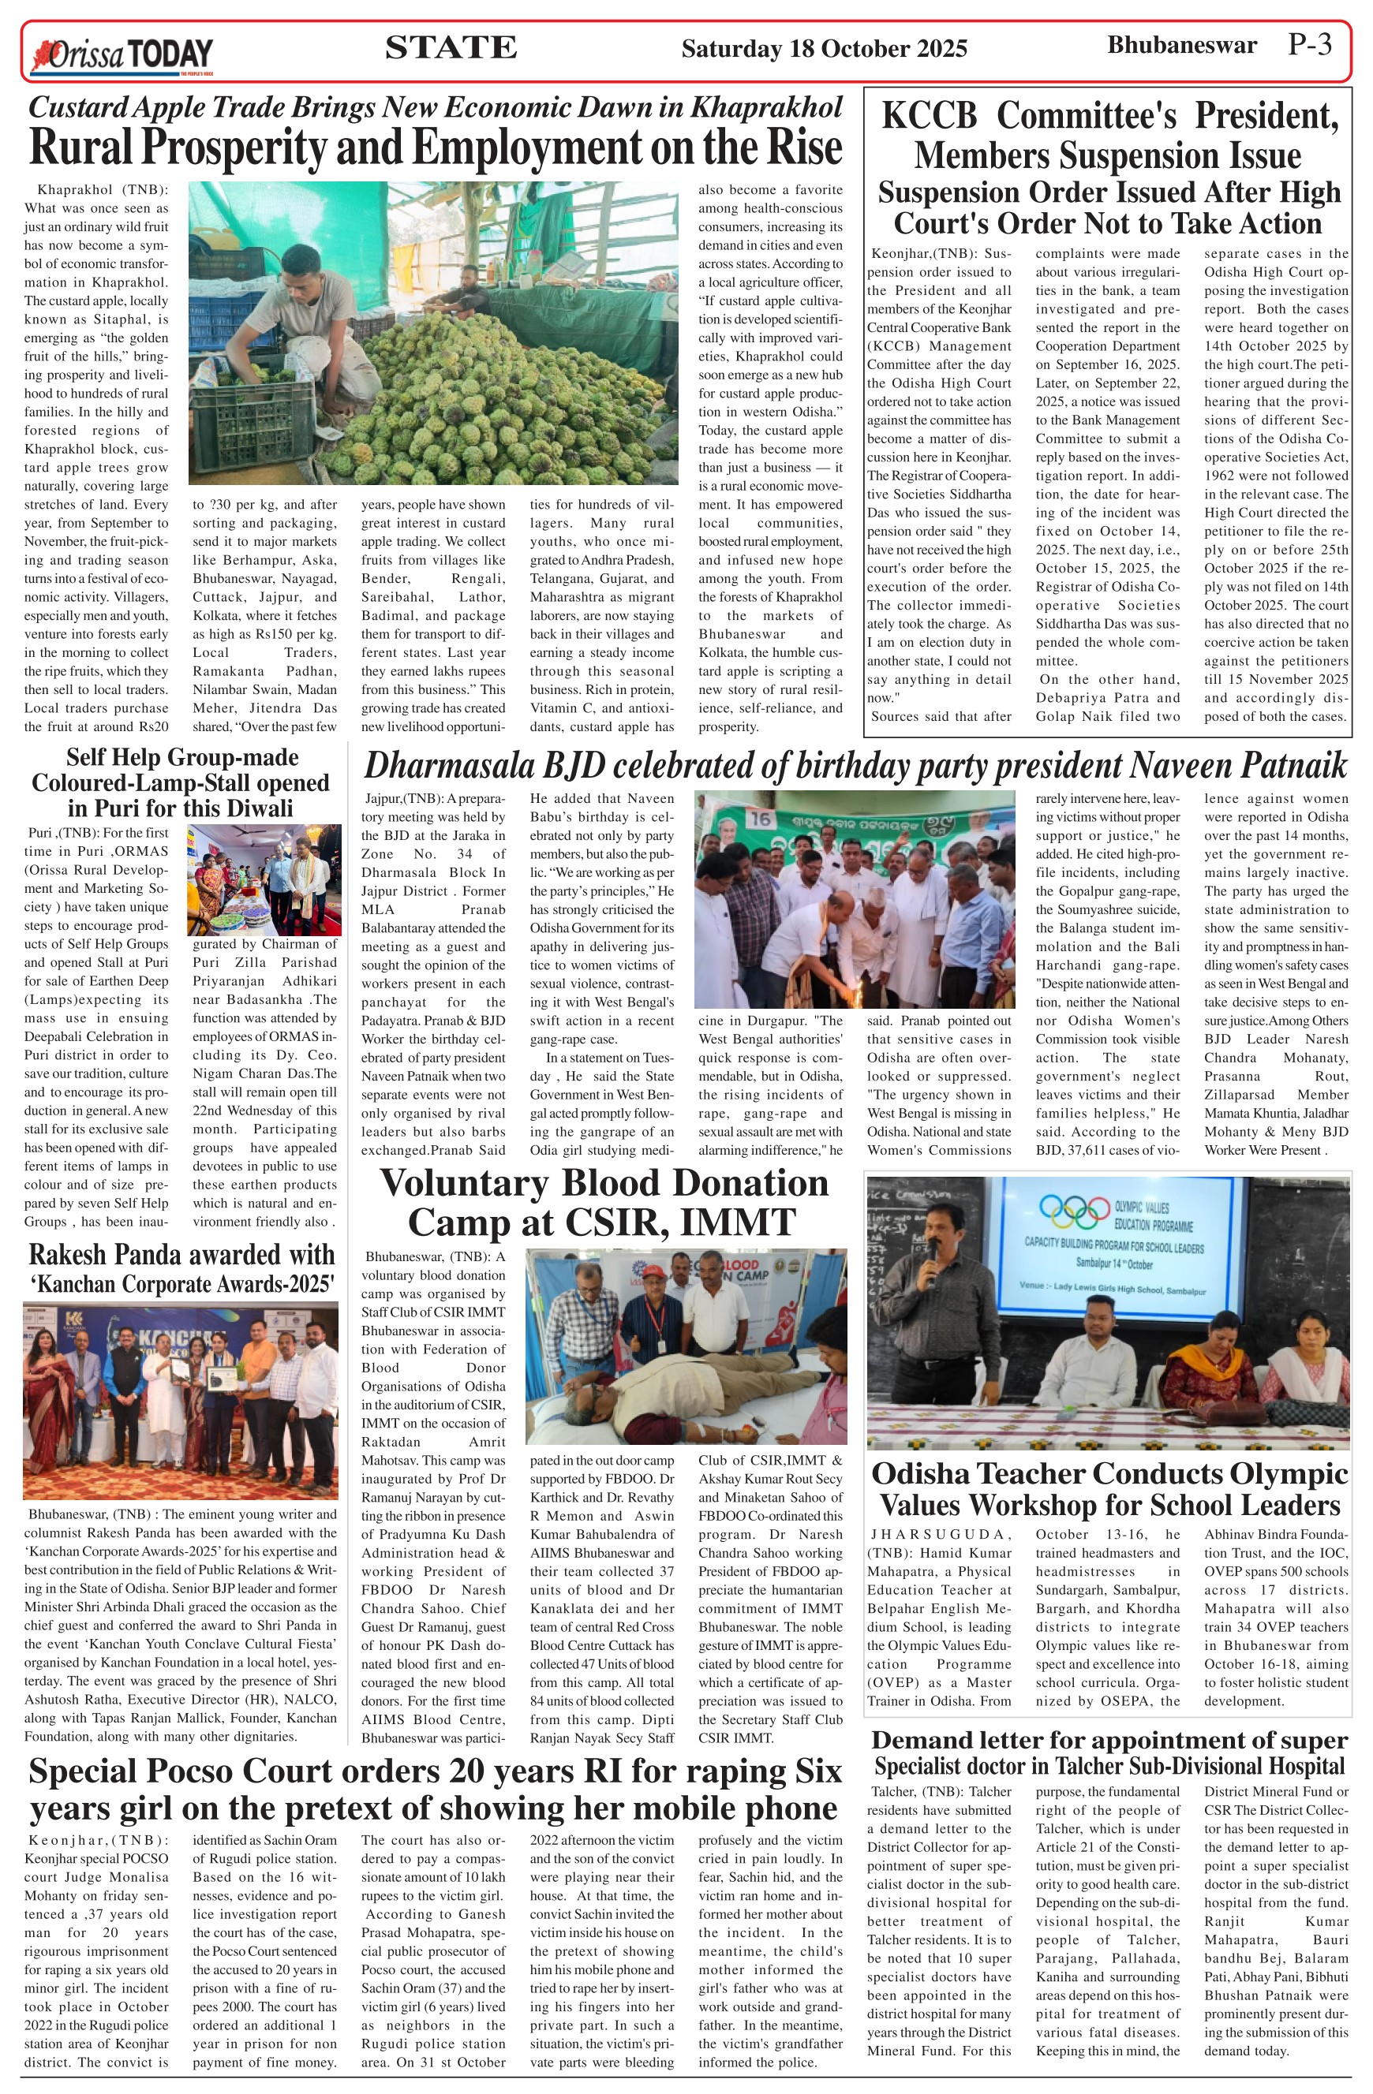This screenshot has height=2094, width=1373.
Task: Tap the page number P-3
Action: (1310, 45)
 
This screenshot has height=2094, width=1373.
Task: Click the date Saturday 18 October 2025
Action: (824, 48)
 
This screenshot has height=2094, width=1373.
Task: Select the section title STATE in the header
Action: (451, 47)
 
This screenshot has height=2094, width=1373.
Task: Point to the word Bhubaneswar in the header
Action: (1181, 46)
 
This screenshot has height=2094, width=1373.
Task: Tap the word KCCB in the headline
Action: (929, 116)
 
